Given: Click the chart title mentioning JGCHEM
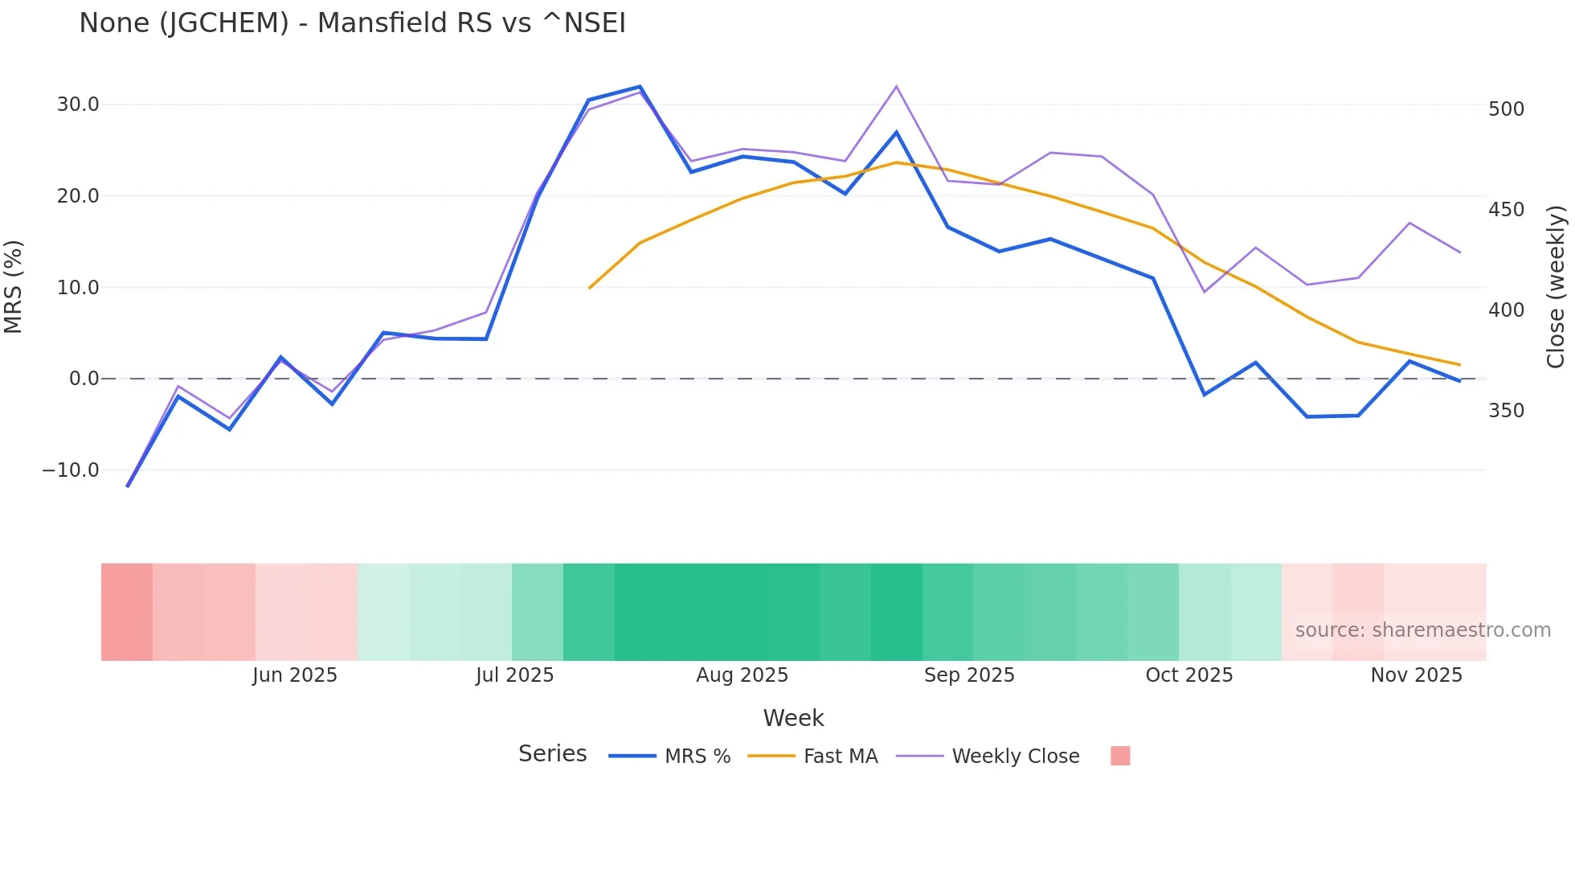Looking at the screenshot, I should coord(352,23).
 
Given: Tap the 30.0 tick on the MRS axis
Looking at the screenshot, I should coord(78,105).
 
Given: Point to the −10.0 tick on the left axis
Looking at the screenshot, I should coord(71,470).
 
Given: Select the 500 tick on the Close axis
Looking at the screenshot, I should coord(1506,109).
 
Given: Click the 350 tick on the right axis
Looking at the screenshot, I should coord(1506,411).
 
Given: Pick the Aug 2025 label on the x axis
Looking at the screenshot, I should coord(742,675).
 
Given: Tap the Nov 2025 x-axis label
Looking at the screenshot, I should coord(1416,675).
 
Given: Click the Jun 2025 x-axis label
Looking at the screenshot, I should coord(294,675).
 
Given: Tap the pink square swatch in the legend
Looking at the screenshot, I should coord(1120,756).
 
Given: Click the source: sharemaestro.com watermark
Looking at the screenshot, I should coord(1422,630).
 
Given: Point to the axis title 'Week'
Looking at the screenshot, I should coord(793,718).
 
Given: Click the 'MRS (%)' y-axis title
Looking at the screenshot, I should coord(14,286).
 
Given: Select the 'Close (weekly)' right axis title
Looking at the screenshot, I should coord(1557,286).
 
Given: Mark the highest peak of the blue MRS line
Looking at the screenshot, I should coord(640,86).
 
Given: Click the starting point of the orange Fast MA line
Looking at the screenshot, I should coord(590,288).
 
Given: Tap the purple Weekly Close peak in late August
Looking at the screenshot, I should coord(896,86).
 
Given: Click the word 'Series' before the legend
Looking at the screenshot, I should coord(552,754).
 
